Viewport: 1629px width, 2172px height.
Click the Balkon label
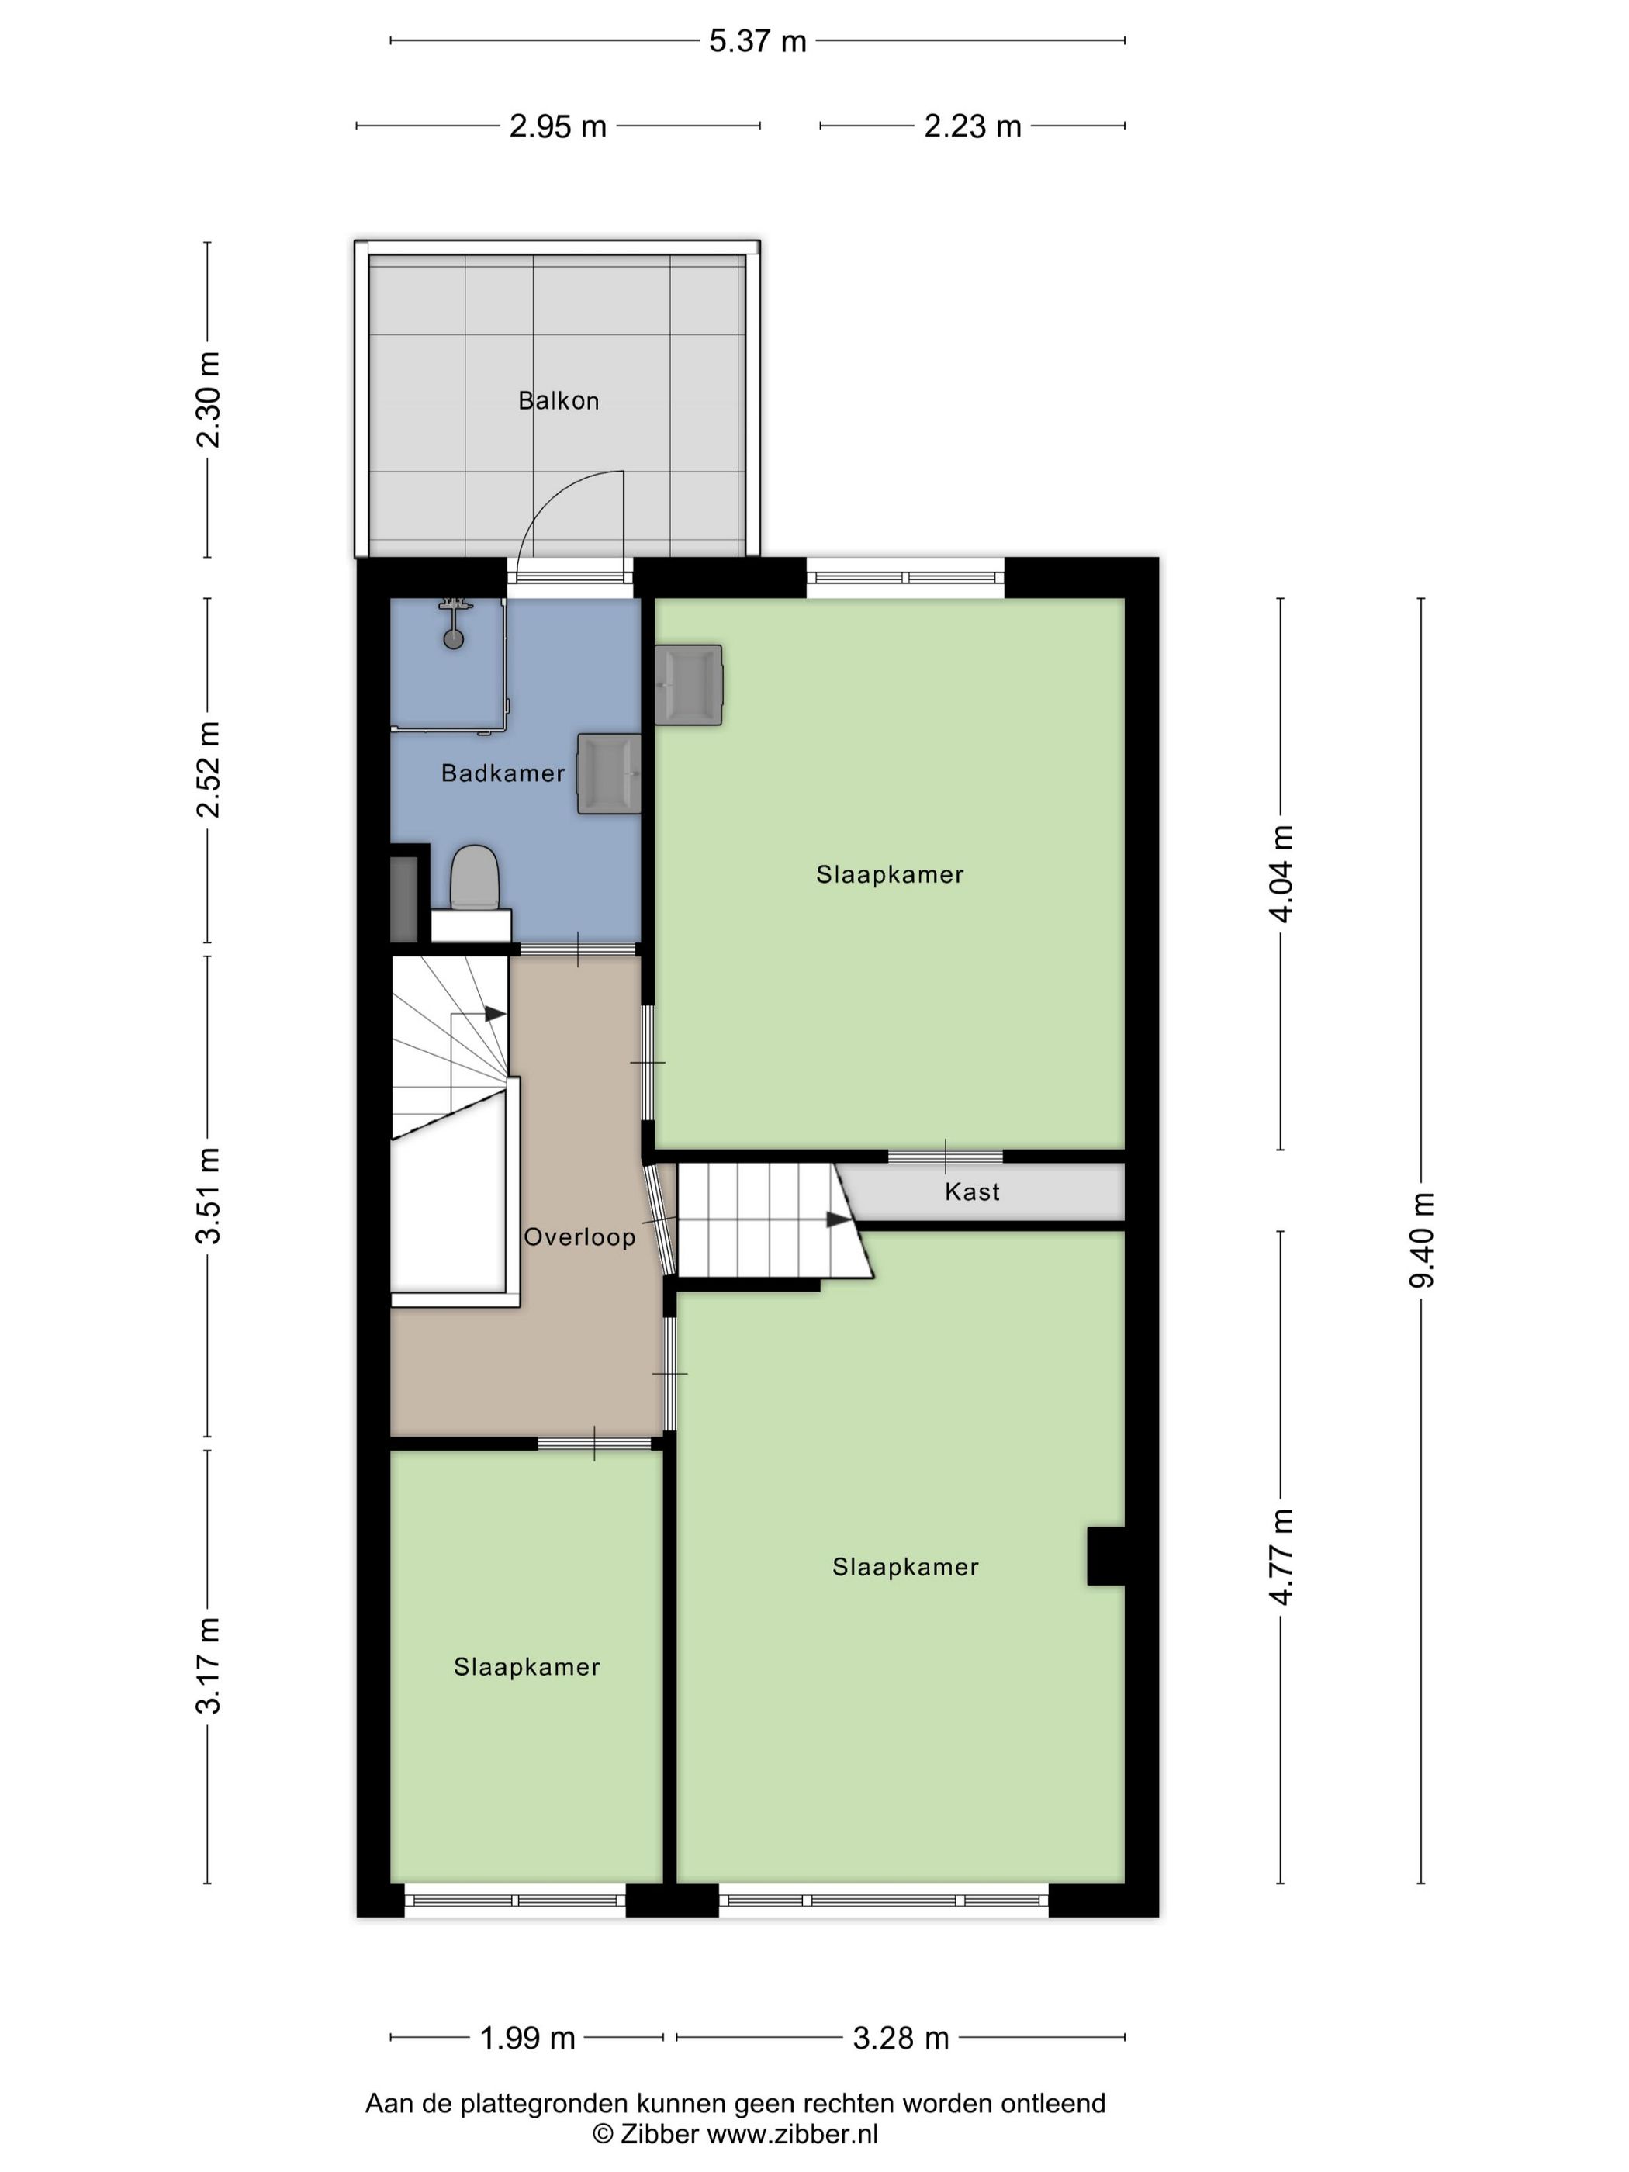click(558, 400)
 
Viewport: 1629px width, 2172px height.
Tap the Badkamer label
click(503, 773)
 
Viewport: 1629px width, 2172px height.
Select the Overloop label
click(579, 1237)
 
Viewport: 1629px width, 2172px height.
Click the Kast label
click(972, 1192)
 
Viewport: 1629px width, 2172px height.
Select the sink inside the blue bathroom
click(609, 773)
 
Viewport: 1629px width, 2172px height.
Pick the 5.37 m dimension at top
click(758, 41)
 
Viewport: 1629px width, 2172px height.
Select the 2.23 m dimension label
click(972, 126)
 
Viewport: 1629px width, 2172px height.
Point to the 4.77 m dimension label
click(1281, 1558)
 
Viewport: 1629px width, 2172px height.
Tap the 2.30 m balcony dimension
click(207, 399)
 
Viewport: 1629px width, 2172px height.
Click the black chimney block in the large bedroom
click(1105, 1556)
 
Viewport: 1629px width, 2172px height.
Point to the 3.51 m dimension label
click(207, 1196)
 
